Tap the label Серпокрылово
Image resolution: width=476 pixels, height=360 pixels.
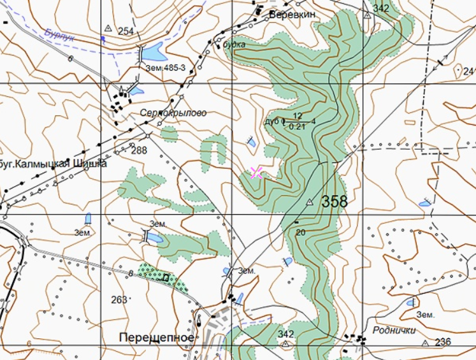pyautogui.click(x=173, y=113)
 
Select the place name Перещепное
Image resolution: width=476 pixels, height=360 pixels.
pyautogui.click(x=156, y=336)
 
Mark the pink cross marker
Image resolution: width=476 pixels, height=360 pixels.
pyautogui.click(x=256, y=172)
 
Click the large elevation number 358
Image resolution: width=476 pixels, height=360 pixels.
pyautogui.click(x=335, y=202)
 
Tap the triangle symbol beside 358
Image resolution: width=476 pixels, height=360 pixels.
pyautogui.click(x=310, y=202)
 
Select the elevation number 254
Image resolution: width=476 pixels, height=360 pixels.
pyautogui.click(x=126, y=31)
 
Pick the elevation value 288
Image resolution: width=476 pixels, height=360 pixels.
pyautogui.click(x=138, y=151)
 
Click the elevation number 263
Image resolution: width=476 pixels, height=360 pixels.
pyautogui.click(x=119, y=299)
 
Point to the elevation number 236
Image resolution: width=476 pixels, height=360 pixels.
pyautogui.click(x=443, y=342)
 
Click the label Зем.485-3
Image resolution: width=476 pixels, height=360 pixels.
pyautogui.click(x=165, y=68)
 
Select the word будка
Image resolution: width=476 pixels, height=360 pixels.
pyautogui.click(x=234, y=45)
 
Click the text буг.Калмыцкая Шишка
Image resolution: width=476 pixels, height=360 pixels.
pyautogui.click(x=53, y=164)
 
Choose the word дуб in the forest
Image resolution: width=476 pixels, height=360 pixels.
pyautogui.click(x=271, y=121)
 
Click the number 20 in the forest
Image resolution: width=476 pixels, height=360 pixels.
pyautogui.click(x=301, y=233)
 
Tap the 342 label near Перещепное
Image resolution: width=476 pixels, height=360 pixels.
pyautogui.click(x=286, y=334)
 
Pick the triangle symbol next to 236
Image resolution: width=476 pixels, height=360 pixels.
pyautogui.click(x=425, y=343)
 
